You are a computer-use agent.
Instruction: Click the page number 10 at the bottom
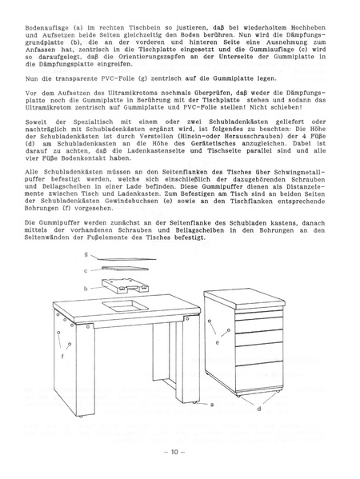pyautogui.click(x=178, y=453)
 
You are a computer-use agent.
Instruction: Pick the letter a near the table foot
pyautogui.click(x=212, y=405)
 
